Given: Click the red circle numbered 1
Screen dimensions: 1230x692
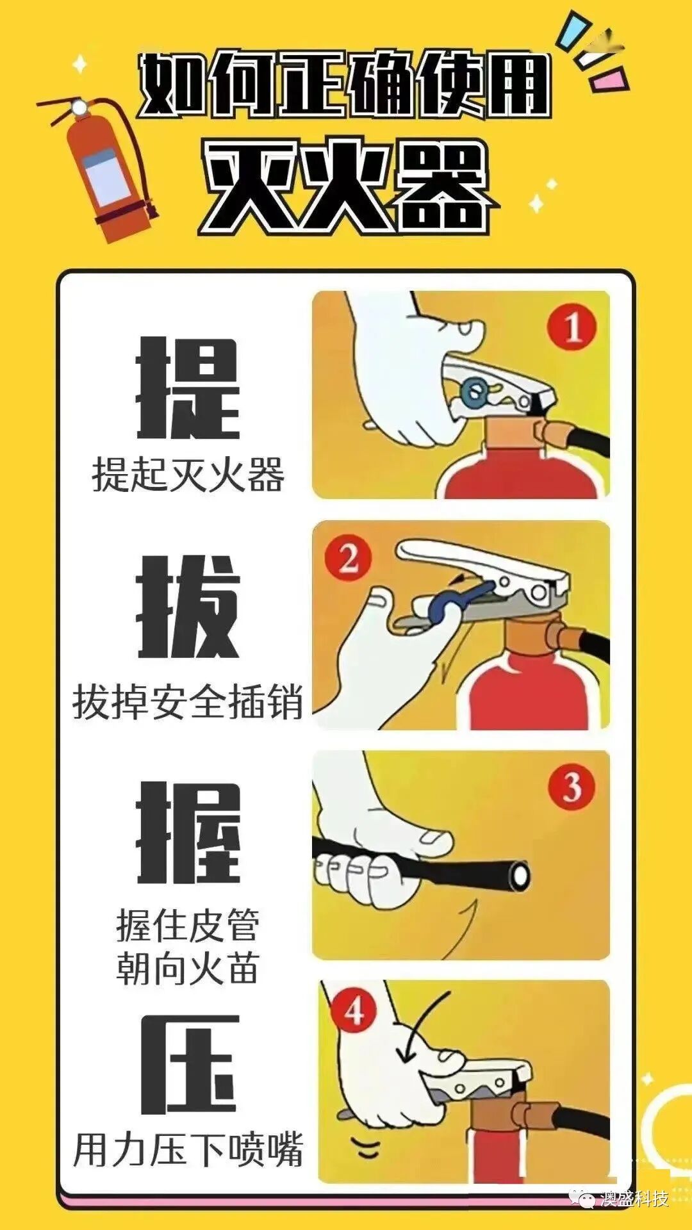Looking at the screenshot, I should (x=571, y=328).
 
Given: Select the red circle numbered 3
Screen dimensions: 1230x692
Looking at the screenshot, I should (x=571, y=787).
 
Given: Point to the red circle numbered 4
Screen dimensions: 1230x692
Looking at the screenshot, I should (x=354, y=1012).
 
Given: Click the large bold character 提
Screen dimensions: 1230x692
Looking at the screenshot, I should (x=188, y=389).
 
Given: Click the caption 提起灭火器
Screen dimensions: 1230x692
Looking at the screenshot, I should (x=188, y=475).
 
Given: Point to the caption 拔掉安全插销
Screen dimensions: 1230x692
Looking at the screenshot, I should (x=188, y=703).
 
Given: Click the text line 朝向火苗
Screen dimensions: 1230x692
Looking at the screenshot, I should (x=188, y=969).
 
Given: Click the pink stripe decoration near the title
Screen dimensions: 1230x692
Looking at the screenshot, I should (x=609, y=79).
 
